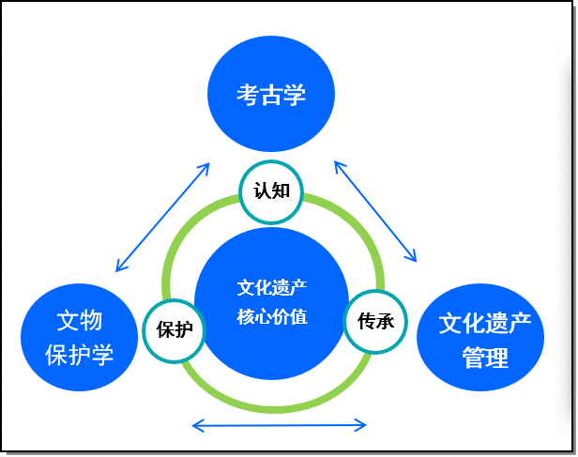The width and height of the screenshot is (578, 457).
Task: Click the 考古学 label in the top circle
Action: (x=271, y=95)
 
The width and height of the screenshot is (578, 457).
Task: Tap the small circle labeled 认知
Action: (x=271, y=190)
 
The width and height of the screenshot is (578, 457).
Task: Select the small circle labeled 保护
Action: (x=175, y=329)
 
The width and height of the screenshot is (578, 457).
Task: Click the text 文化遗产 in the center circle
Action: (x=272, y=287)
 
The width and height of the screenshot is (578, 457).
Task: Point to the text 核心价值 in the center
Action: (x=272, y=316)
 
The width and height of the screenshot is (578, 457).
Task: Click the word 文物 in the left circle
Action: (x=80, y=321)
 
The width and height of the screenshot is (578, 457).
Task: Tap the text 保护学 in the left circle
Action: (x=80, y=354)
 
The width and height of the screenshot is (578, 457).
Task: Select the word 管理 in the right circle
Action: (x=485, y=358)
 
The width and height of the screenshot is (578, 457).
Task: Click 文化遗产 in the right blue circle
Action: (x=485, y=325)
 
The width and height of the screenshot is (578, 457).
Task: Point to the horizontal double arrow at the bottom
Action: (x=279, y=426)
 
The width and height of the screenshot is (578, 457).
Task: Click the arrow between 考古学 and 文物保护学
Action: (x=162, y=218)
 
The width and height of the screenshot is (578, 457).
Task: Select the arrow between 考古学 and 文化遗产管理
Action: (x=375, y=211)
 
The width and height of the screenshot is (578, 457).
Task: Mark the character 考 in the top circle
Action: (x=248, y=95)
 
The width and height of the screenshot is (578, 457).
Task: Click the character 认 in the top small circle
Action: (x=262, y=190)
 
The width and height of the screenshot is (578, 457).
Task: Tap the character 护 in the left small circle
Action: (x=184, y=329)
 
